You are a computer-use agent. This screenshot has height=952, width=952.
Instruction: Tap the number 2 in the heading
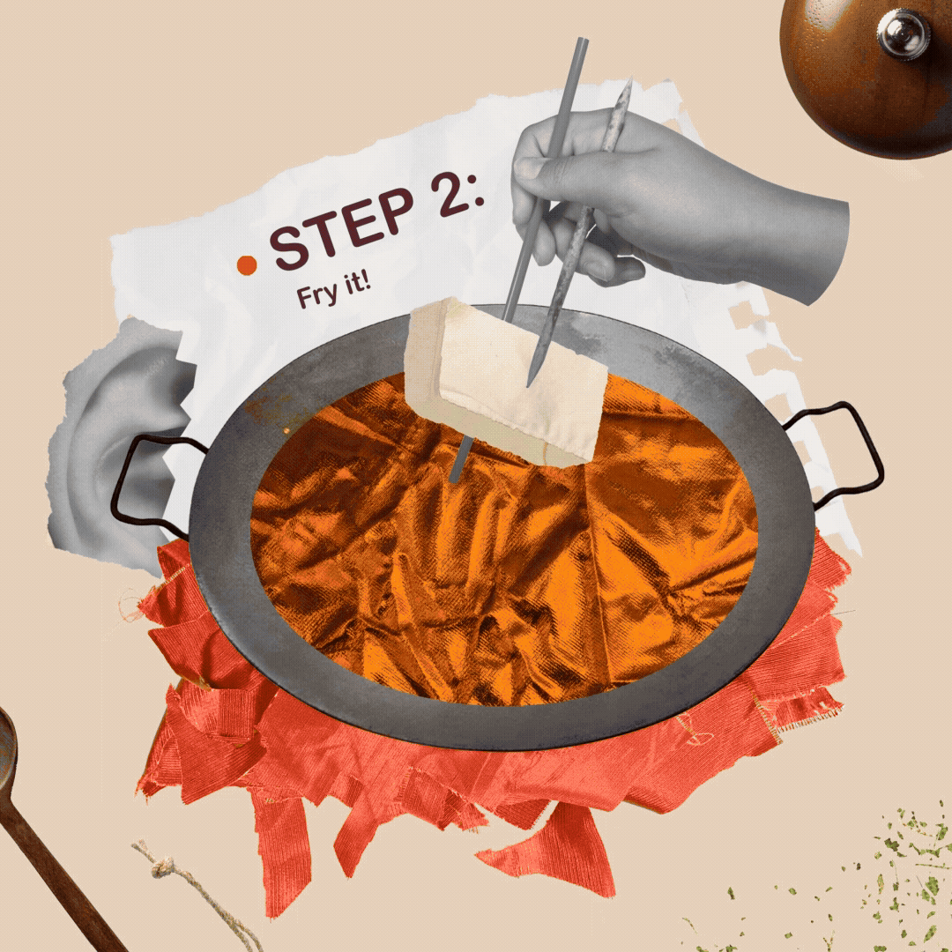coord(450,193)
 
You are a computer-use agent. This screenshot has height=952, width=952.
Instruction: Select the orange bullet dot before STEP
coord(247,264)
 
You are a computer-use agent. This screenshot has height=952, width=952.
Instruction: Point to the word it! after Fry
coord(357,283)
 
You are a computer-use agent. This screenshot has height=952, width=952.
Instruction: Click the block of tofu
coord(505,381)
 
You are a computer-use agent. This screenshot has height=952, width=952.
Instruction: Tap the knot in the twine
coord(163,867)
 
